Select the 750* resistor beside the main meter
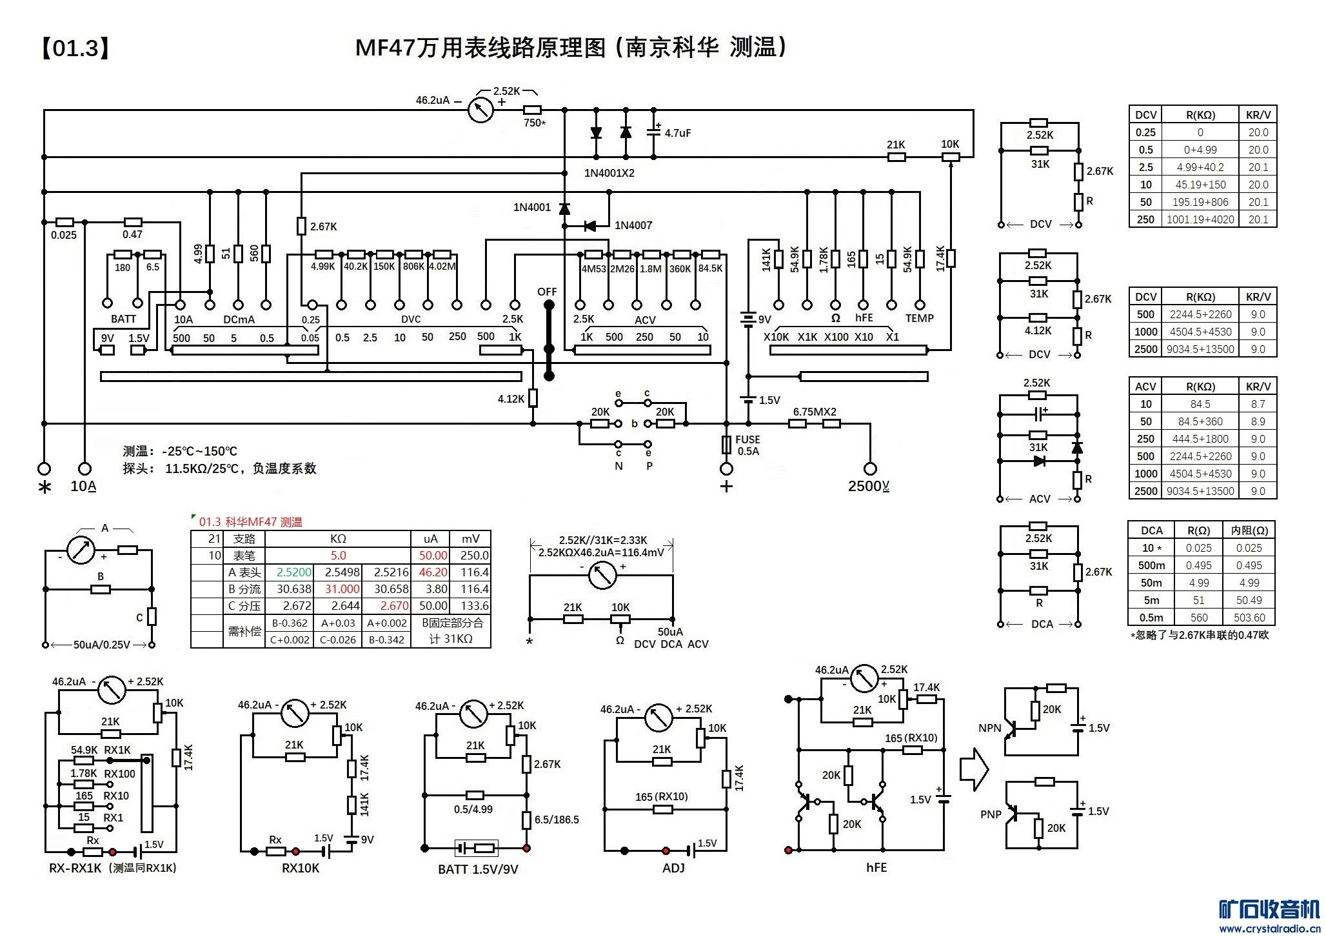coord(533,110)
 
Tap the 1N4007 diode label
coord(633,225)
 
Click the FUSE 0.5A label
coord(747,445)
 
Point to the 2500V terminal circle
coord(870,469)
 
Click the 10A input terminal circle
coord(84,469)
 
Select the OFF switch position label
coord(547,292)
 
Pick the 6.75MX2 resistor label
coord(815,412)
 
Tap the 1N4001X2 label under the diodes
coord(609,173)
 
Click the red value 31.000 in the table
coord(342,589)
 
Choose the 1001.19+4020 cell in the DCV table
coord(1200,219)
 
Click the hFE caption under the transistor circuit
coord(876,868)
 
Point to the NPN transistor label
coord(989,728)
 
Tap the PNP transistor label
coord(991,814)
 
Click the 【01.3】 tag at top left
coord(75,48)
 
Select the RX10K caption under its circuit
coord(301,868)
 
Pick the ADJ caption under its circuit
coord(673,868)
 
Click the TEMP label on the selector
coord(919,318)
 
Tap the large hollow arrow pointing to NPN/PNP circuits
coord(974,769)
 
